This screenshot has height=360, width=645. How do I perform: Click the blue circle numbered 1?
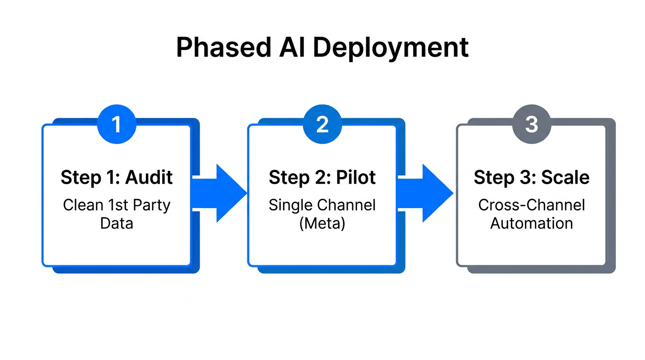coord(116,125)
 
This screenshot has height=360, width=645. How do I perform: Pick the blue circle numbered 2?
coord(322,125)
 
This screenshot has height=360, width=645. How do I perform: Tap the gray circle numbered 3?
coord(531,125)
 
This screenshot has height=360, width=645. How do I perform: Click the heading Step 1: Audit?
coord(116,178)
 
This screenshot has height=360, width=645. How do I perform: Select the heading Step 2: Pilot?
coord(322,178)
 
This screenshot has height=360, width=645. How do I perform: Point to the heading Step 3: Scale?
coord(531,178)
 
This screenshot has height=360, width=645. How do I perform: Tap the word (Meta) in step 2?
coord(322,223)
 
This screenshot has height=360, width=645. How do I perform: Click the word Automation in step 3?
coord(531,223)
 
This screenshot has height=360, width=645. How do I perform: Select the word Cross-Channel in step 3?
coord(531,205)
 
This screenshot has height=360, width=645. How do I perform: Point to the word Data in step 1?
coord(116,223)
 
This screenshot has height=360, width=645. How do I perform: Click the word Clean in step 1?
coord(82,205)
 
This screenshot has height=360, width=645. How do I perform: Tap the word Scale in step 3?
coord(565,178)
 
